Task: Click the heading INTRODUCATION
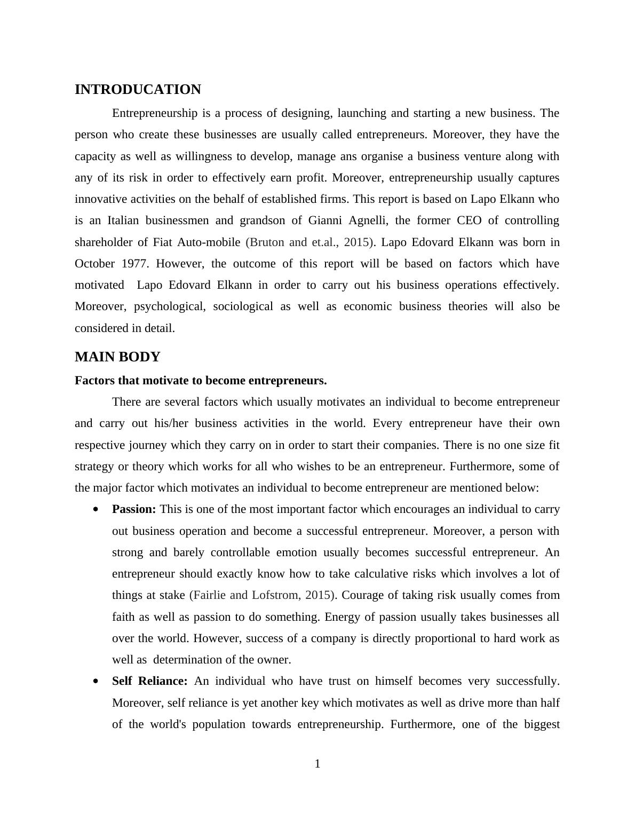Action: (x=138, y=90)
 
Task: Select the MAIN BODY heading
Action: (x=117, y=357)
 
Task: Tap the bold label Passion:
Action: (x=134, y=509)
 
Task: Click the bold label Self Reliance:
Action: (x=150, y=681)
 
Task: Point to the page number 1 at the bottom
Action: (x=317, y=764)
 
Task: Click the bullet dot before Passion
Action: (x=96, y=510)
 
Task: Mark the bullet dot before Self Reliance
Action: (x=96, y=682)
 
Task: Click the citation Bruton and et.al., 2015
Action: (x=309, y=242)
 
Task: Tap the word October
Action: (x=94, y=264)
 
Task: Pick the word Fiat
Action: (x=163, y=242)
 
